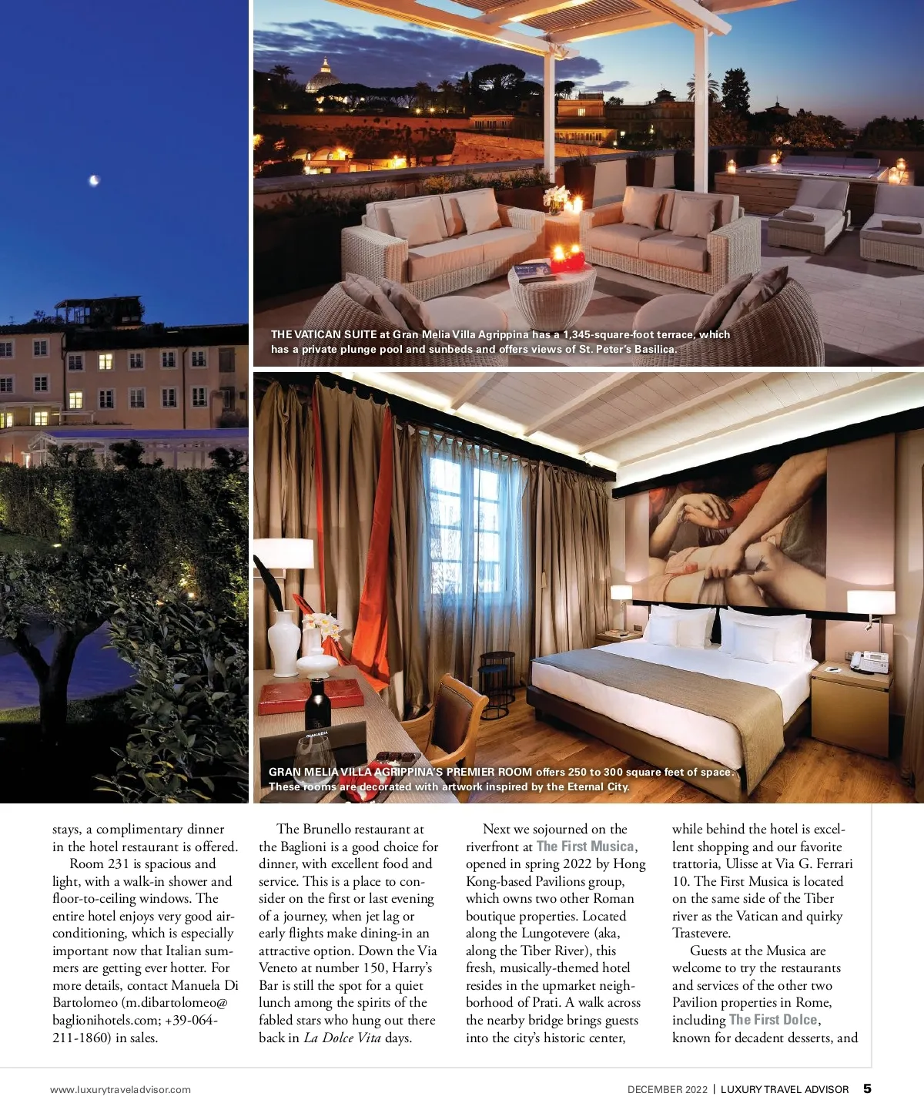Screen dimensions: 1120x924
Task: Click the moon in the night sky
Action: [x=94, y=180]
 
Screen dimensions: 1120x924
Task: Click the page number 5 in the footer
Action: [x=867, y=1088]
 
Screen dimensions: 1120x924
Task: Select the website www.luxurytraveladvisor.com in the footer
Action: [x=120, y=1089]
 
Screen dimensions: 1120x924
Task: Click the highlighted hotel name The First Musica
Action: [x=585, y=847]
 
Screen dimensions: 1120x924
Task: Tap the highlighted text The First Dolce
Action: [x=773, y=1020]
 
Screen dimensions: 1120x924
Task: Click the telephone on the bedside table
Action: [x=869, y=661]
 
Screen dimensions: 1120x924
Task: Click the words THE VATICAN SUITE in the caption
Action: [x=323, y=334]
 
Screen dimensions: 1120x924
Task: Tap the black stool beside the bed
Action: [x=497, y=672]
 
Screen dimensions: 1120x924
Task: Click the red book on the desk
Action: [x=310, y=696]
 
